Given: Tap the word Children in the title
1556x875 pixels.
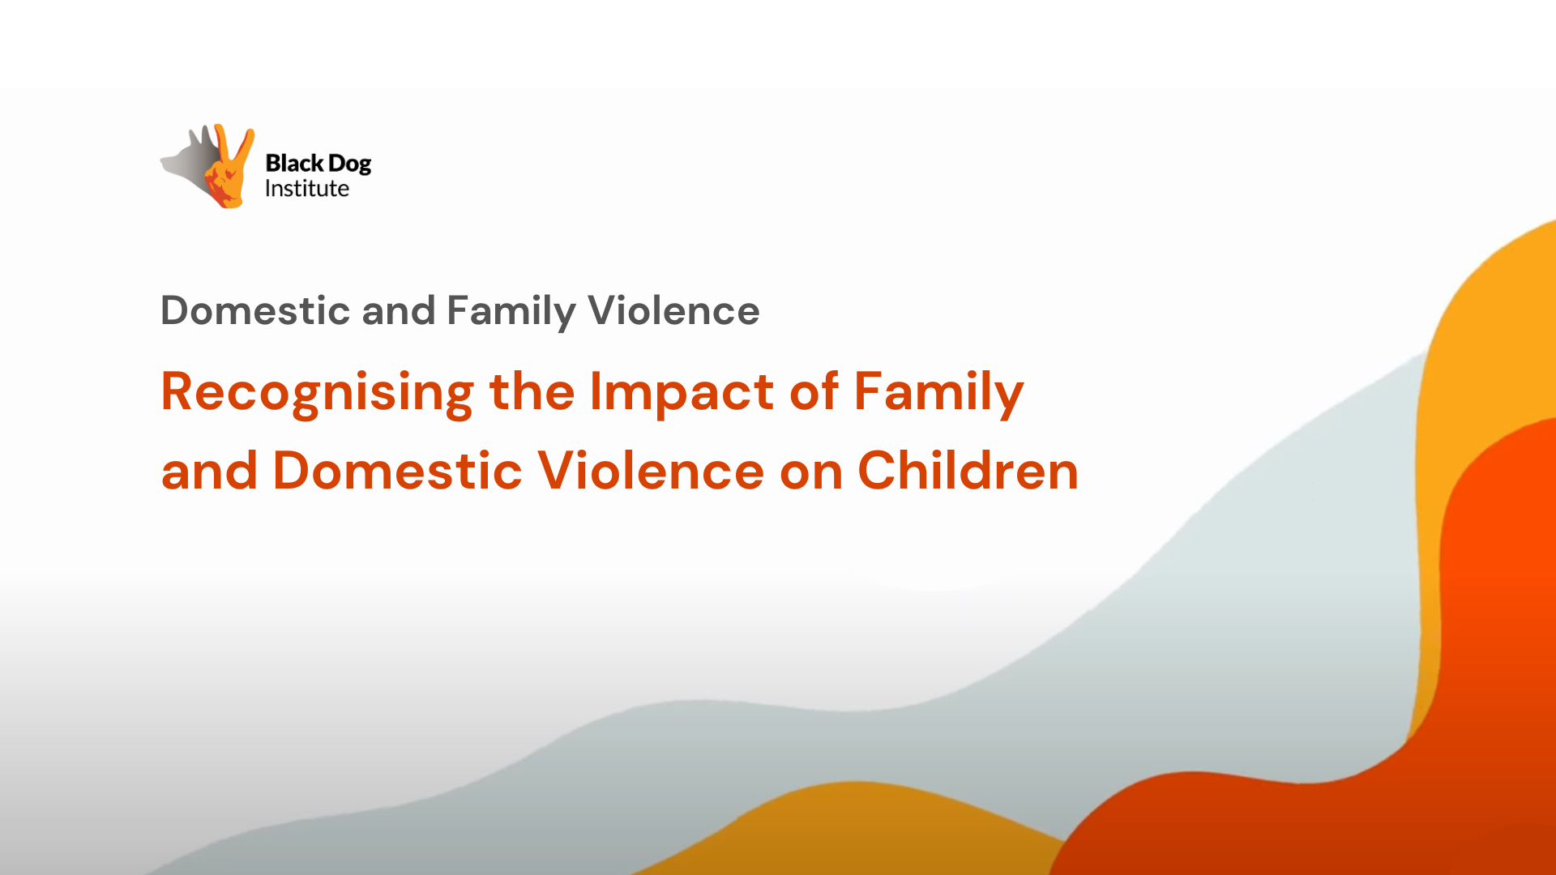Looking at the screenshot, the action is click(x=968, y=470).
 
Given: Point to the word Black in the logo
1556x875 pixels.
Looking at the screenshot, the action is click(x=294, y=163).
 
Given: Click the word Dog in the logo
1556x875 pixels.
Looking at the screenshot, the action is click(x=349, y=164).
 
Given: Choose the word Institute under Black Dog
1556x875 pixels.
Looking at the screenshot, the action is click(x=307, y=189).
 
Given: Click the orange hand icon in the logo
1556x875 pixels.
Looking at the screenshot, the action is click(x=229, y=167).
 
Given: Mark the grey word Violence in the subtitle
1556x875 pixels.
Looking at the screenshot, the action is click(x=673, y=310).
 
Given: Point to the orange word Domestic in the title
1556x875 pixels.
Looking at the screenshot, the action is click(x=397, y=470).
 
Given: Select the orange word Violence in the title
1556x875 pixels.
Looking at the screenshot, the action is click(x=651, y=470).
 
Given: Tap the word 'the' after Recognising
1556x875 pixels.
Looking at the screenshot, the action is click(x=532, y=391).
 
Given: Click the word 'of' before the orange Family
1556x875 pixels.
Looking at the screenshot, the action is click(x=814, y=391).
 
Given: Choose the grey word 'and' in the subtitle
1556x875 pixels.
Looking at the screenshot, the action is click(x=398, y=310).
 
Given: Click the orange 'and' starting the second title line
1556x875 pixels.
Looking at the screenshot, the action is click(x=209, y=470).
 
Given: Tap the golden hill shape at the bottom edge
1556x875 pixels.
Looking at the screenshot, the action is click(x=851, y=834).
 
